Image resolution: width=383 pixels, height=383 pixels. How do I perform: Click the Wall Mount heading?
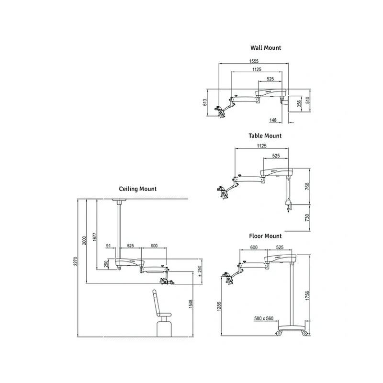pyautogui.click(x=266, y=47)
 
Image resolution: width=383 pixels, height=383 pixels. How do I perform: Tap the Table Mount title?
pyautogui.click(x=265, y=136)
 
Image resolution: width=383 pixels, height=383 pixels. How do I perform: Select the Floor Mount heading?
pyautogui.click(x=265, y=236)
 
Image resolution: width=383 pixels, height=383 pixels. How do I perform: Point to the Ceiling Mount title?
pyautogui.click(x=138, y=189)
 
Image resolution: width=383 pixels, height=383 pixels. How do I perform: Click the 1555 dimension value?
pyautogui.click(x=254, y=61)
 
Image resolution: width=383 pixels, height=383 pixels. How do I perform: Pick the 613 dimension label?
pyautogui.click(x=205, y=102)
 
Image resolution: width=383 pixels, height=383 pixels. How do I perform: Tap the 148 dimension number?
pyautogui.click(x=273, y=120)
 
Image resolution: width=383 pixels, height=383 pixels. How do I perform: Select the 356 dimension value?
pyautogui.click(x=299, y=103)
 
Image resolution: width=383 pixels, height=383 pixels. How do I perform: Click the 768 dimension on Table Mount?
pyautogui.click(x=307, y=186)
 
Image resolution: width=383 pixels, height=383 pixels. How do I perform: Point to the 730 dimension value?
pyautogui.click(x=307, y=218)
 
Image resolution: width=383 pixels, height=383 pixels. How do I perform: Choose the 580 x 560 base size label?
pyautogui.click(x=264, y=318)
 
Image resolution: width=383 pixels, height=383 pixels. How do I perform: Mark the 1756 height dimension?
pyautogui.click(x=307, y=295)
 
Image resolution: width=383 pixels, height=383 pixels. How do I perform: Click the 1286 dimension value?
pyautogui.click(x=219, y=306)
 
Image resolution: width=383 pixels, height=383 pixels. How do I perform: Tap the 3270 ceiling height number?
pyautogui.click(x=76, y=261)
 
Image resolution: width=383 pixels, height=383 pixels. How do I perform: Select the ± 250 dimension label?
pyautogui.click(x=200, y=271)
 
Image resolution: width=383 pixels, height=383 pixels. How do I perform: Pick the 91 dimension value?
pyautogui.click(x=109, y=246)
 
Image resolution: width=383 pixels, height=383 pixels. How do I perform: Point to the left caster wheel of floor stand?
pyautogui.click(x=279, y=333)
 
